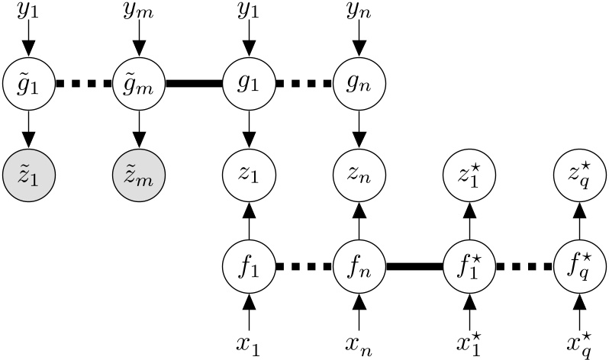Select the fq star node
click(578, 267)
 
